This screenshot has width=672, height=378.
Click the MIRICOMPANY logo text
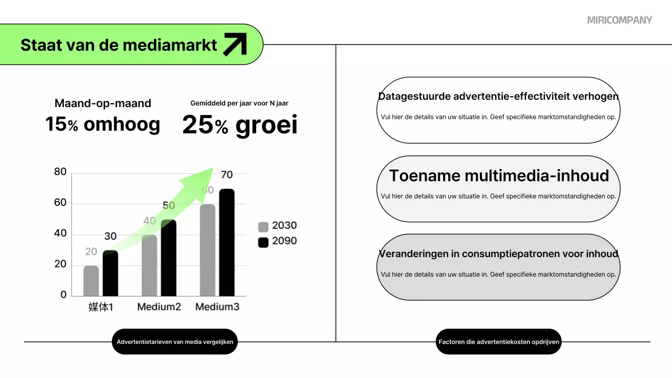619,20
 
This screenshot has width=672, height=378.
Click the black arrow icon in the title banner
235,44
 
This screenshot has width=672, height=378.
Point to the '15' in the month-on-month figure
55,124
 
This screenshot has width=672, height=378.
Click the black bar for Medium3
227,243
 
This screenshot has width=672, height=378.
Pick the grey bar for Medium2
150,266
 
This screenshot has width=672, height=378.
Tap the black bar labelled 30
110,274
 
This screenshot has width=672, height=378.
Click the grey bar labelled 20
91,281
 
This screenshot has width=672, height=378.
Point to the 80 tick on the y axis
60,172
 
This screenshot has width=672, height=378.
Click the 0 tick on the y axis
64,295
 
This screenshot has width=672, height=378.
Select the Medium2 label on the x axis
159,307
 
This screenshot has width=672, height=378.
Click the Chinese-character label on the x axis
100,307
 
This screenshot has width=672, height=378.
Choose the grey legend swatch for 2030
263,227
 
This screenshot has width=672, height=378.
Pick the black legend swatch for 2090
263,242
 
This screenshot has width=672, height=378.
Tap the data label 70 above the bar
227,175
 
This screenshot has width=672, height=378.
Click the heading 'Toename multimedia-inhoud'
499,176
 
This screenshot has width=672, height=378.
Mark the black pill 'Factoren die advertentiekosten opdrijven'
499,342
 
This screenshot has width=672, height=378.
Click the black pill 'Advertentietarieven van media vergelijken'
175,342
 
